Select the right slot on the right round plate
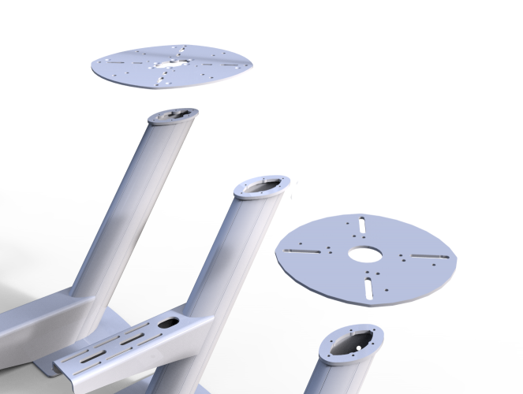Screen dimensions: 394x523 [429, 258]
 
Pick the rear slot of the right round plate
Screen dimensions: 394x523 [360, 225]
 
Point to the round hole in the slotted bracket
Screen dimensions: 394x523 [169, 322]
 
